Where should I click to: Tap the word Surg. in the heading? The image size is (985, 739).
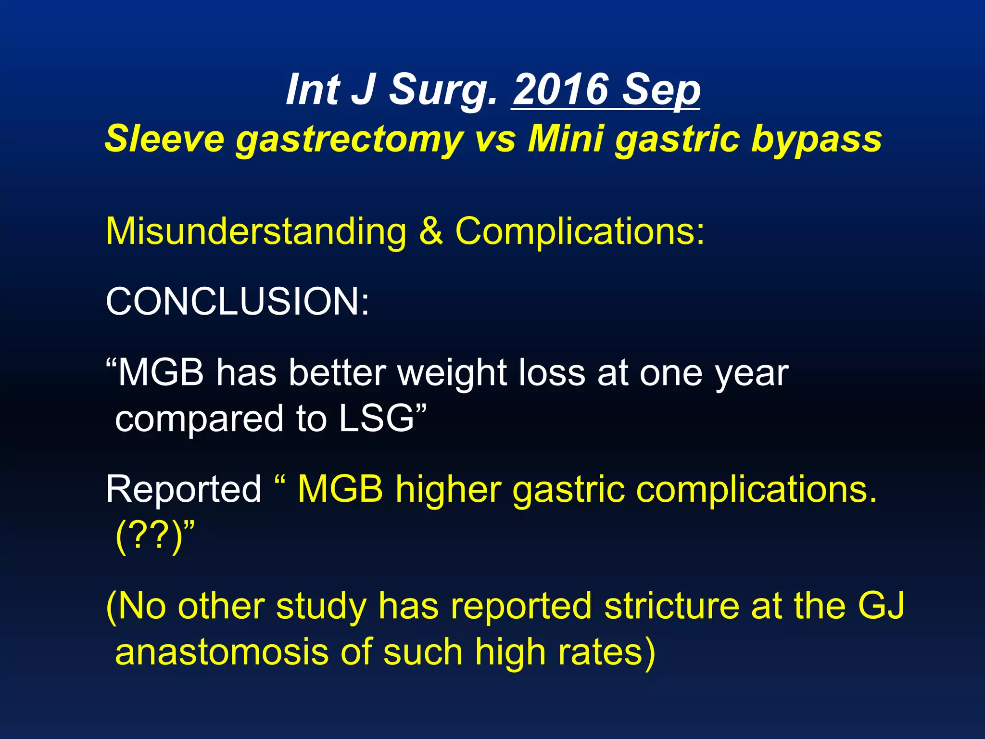pos(442,90)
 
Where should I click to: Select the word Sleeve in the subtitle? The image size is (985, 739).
pos(165,139)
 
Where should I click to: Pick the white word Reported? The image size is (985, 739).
pos(183,489)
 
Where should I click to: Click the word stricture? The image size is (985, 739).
pos(670,606)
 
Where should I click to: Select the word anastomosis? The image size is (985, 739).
pos(222,652)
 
